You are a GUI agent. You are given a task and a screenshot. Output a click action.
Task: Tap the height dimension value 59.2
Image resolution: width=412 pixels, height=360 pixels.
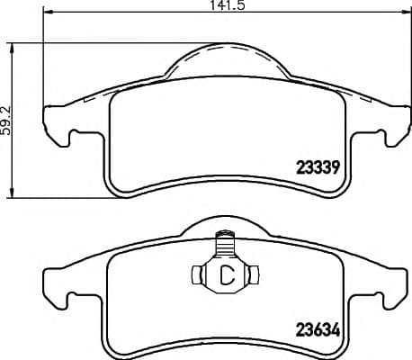[6, 118]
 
